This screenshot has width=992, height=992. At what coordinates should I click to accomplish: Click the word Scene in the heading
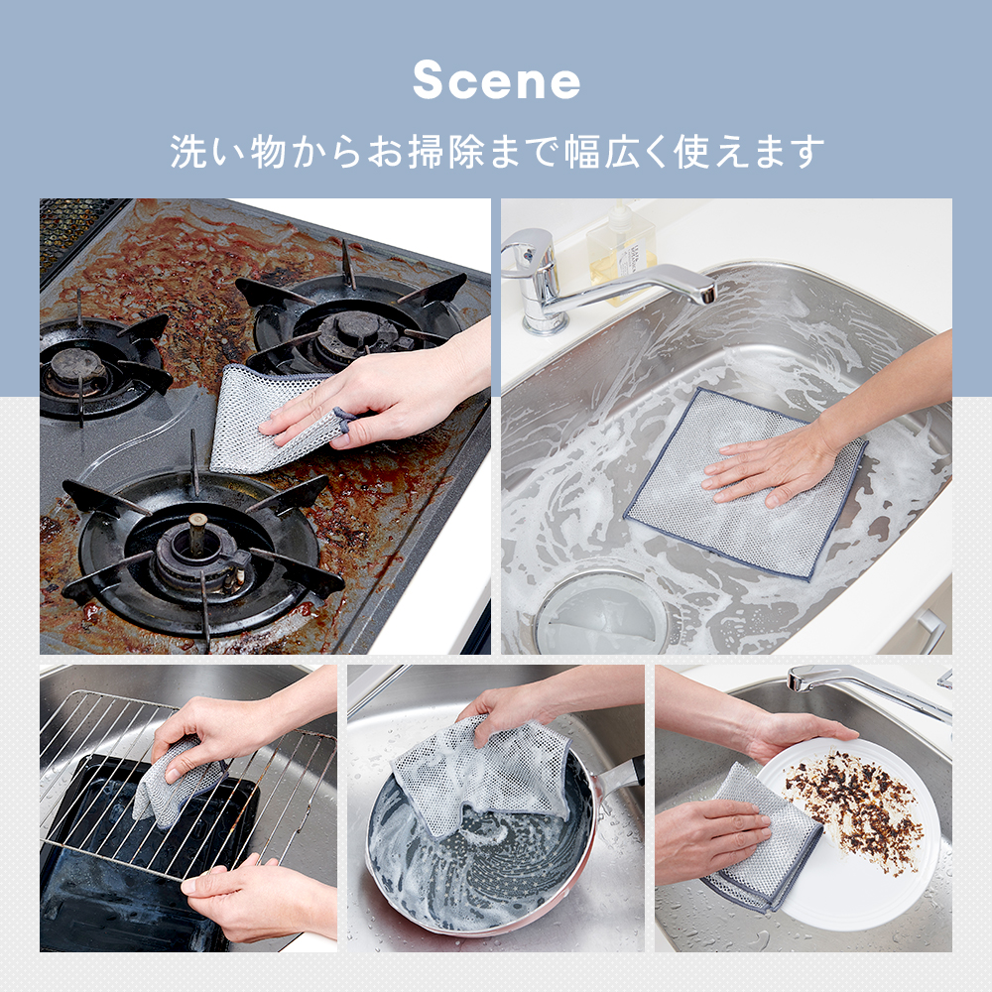pyautogui.click(x=497, y=80)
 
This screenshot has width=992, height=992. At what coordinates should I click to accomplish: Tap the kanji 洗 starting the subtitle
pyautogui.click(x=188, y=152)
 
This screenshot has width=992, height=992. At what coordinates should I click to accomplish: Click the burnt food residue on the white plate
pyautogui.click(x=851, y=809)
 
